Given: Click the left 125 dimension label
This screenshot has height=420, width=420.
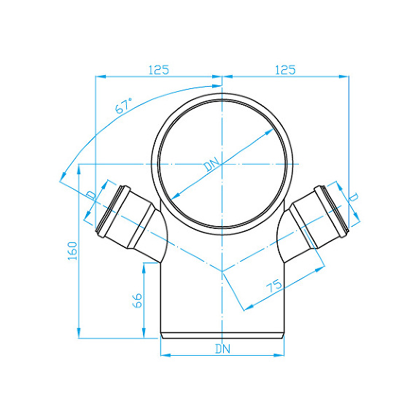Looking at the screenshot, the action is click(x=159, y=70).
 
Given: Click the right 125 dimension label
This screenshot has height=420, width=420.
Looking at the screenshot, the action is click(x=285, y=70).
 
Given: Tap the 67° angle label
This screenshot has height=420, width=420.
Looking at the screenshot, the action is click(x=124, y=106).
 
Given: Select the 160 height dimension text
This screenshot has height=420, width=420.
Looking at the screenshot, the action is click(x=73, y=251).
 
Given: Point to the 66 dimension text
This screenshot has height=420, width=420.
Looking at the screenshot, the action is click(x=138, y=300).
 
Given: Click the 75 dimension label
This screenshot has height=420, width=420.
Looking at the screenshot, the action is click(x=274, y=286).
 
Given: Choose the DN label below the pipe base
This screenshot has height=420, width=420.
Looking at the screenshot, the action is click(x=223, y=349).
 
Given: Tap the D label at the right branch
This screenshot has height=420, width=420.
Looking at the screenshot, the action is click(x=354, y=198).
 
